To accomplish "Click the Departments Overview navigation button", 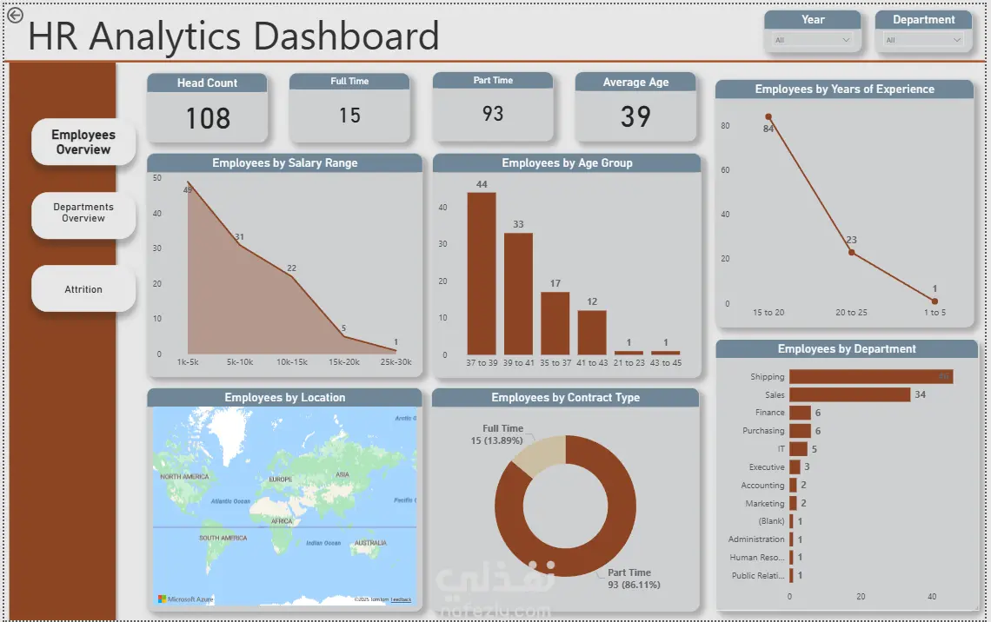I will pos(83,213).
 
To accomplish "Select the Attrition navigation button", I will pos(83,289).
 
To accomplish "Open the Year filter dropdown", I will pos(813,40).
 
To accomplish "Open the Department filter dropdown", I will pos(923,40).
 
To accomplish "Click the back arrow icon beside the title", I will pos(15,15).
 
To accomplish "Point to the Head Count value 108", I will pos(208,118).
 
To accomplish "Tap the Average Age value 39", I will pos(635,116).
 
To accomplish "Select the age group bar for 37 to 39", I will pos(482,274).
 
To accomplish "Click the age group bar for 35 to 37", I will pos(555,323).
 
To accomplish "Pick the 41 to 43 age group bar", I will pos(592,332).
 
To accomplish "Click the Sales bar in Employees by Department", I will pos(849,394).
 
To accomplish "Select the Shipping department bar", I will pos(870,377).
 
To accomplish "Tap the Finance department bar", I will pos(800,413).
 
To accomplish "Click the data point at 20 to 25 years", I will pos(851,253).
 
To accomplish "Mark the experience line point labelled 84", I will pos(768,116).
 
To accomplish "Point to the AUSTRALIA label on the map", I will pos(370,543).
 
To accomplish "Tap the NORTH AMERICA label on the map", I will pos(184,476).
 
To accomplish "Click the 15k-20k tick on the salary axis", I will pos(343,361).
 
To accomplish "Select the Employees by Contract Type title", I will pos(565,398).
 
